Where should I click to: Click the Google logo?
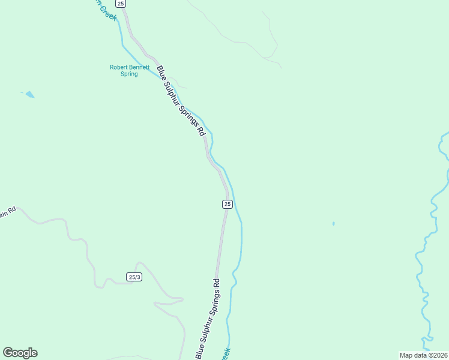[x=20, y=353]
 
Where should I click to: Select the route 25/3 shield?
[x=134, y=277]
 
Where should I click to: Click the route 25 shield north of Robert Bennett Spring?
[x=121, y=4]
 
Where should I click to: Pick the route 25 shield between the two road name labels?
[x=227, y=204]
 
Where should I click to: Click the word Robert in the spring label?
[x=119, y=67]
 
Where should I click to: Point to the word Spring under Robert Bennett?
[x=129, y=74]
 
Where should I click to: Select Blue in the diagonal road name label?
[x=161, y=71]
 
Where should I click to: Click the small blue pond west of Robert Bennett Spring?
[x=29, y=94]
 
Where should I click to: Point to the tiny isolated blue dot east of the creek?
[x=333, y=224]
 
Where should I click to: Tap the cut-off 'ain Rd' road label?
[x=7, y=213]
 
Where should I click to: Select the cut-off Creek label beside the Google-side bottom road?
[x=225, y=354]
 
